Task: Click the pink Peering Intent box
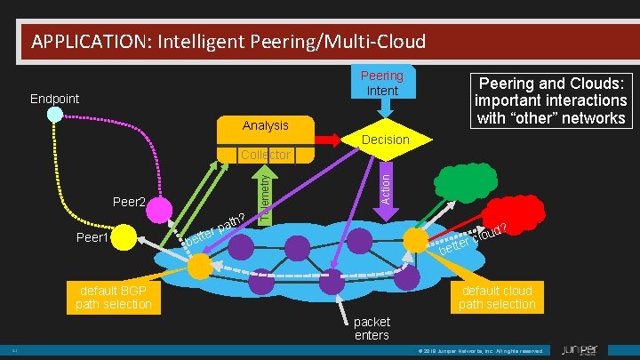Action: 381,84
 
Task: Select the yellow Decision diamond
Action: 385,140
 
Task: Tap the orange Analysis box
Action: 266,127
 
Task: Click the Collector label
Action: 266,155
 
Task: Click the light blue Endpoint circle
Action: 55,115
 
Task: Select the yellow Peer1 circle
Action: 124,236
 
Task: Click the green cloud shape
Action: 464,184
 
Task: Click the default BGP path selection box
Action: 113,298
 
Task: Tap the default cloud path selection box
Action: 497,298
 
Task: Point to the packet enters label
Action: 372,327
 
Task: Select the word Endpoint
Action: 55,99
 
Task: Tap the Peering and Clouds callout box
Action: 550,99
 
